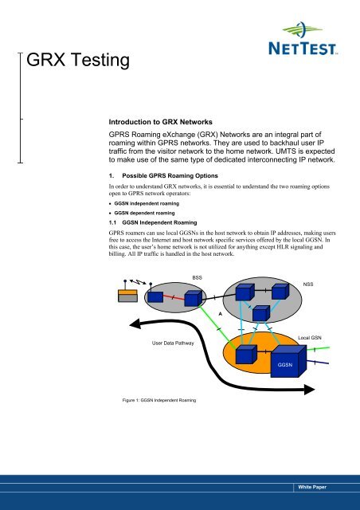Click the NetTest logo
pos(303,38)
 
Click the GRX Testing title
pos(78,61)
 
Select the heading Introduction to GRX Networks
pos(160,122)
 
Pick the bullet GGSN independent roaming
pos(147,204)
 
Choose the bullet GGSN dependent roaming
pos(144,213)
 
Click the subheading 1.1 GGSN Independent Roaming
pos(153,223)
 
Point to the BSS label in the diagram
pos(197,278)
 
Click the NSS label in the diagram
pos(308,284)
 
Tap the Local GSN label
pos(310,338)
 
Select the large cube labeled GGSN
pos(288,361)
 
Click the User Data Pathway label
pos(173,343)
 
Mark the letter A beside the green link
pos(220,314)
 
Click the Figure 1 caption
pos(159,400)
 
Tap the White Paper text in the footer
pos(312,487)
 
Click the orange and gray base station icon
pos(127,296)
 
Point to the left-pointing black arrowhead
pos(135,324)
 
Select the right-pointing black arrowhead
pos(309,390)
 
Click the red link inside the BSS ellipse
pos(174,297)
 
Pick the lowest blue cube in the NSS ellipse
pos(261,313)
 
